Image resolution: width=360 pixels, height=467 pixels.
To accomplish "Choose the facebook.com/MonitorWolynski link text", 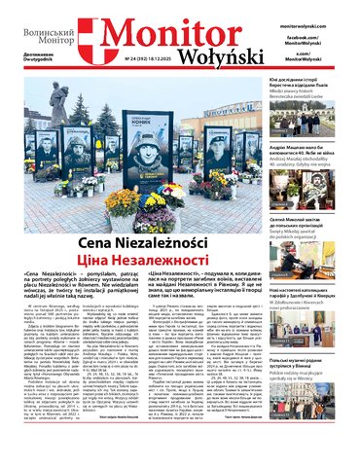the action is click(317, 36).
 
